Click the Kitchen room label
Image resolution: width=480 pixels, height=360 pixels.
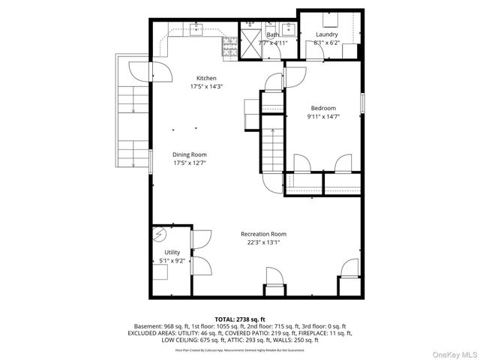coord(206,78)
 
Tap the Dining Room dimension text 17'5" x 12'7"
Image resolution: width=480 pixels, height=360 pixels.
coord(190,162)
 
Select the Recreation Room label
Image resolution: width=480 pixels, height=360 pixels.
coord(263,234)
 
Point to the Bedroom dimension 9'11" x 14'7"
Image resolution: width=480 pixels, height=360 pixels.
coord(323,115)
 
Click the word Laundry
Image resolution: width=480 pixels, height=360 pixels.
coord(326,34)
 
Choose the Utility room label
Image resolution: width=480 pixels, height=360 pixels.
coord(172,253)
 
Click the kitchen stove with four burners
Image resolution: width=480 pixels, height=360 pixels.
coord(229,50)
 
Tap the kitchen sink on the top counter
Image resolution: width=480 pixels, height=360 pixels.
coord(198,31)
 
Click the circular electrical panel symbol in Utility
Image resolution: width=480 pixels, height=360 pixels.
coord(160,235)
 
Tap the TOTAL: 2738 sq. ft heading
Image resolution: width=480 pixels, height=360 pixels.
coord(240,319)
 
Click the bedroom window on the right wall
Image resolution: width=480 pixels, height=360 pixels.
coord(362,102)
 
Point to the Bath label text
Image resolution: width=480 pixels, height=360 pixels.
coord(273,34)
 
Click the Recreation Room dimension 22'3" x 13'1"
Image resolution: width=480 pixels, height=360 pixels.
coord(263,242)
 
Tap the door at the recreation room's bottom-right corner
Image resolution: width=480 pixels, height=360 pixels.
coord(349,269)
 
